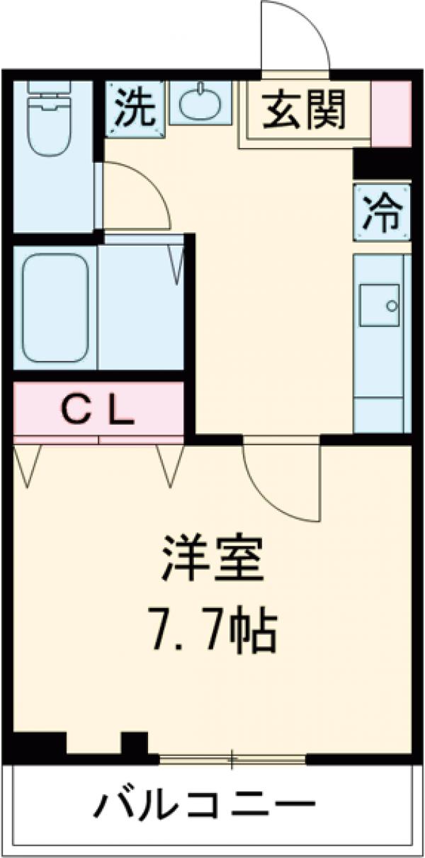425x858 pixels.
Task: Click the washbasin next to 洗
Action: point(200,105)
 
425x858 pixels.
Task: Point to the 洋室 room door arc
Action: point(280,481)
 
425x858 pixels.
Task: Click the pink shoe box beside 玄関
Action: point(392,113)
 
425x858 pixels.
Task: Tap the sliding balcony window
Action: point(232,760)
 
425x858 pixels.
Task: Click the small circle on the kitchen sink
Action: point(392,306)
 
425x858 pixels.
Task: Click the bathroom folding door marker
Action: point(176,262)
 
